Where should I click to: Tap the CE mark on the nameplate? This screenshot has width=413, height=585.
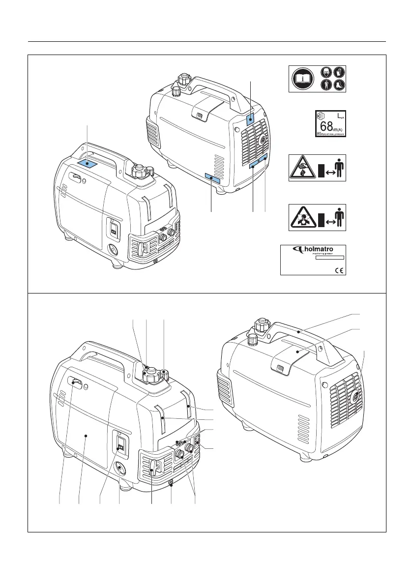tap(338, 269)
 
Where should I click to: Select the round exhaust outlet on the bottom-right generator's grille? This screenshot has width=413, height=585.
tap(355, 395)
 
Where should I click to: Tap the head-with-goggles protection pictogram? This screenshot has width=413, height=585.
tap(326, 71)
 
